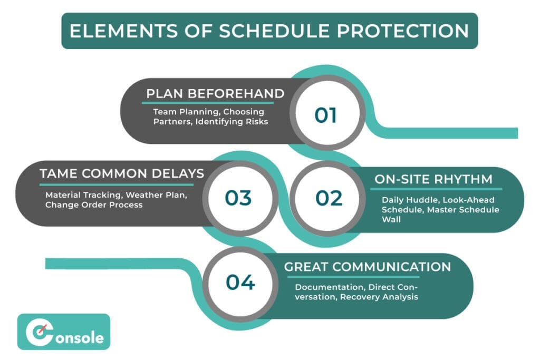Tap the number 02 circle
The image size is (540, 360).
(329, 198)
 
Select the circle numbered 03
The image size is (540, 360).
(238, 198)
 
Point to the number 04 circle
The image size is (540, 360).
(240, 283)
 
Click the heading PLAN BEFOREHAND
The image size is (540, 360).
(215, 94)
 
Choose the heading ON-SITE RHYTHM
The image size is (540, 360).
(433, 179)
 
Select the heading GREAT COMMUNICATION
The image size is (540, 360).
(368, 267)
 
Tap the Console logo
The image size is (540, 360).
(64, 332)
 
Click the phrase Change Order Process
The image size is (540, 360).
(94, 205)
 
